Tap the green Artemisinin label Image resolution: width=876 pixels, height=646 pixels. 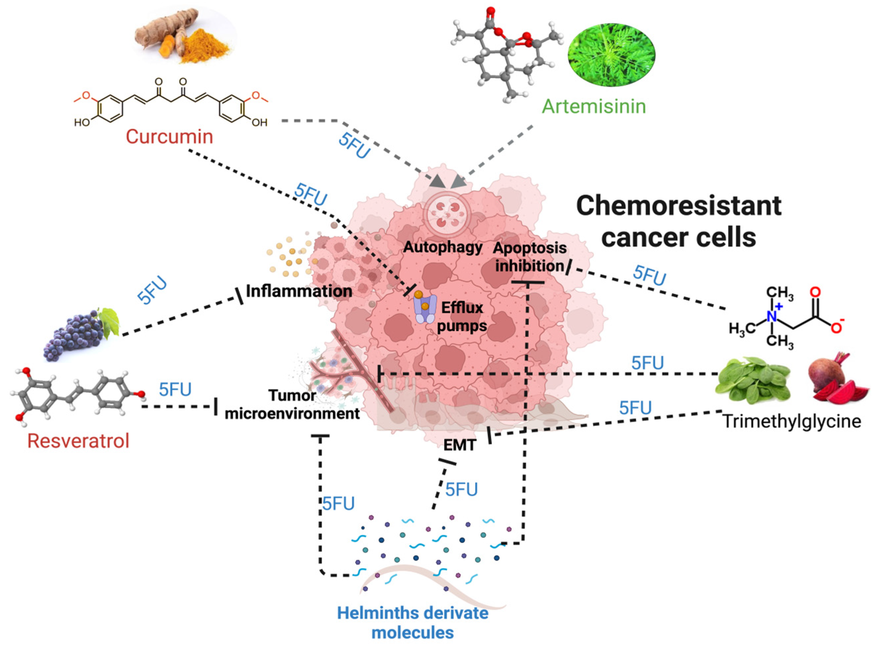point(593,106)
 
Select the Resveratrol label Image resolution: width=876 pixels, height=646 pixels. point(78,441)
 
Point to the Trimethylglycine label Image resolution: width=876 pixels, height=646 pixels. point(792,421)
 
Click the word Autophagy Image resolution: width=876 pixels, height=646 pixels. point(443,247)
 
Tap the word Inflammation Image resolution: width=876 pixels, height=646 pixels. point(299,291)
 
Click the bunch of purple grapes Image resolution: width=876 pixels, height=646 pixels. point(78,332)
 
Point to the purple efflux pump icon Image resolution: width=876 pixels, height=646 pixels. point(425,309)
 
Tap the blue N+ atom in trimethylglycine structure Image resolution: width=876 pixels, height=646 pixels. point(772,316)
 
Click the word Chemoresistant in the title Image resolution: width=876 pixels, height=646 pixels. point(678,206)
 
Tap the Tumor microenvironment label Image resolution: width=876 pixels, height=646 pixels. point(292,404)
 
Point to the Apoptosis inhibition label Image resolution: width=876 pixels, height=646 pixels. point(530,256)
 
